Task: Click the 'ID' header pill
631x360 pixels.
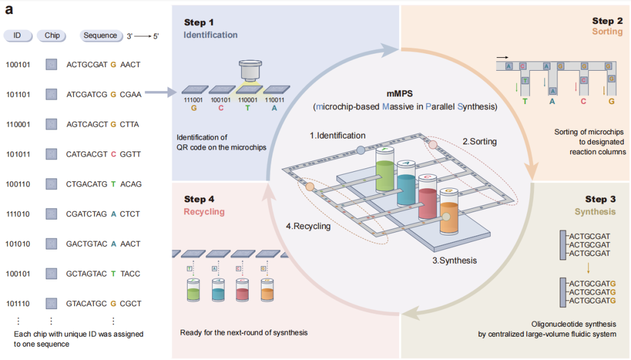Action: point(18,36)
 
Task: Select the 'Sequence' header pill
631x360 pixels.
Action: point(100,36)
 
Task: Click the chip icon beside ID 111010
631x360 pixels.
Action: point(51,214)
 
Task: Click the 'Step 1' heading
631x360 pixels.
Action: point(199,22)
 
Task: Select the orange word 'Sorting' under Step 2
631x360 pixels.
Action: point(607,32)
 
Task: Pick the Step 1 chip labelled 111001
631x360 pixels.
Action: point(195,90)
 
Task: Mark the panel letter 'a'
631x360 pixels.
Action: point(9,9)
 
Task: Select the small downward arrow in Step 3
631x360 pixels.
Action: point(588,268)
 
